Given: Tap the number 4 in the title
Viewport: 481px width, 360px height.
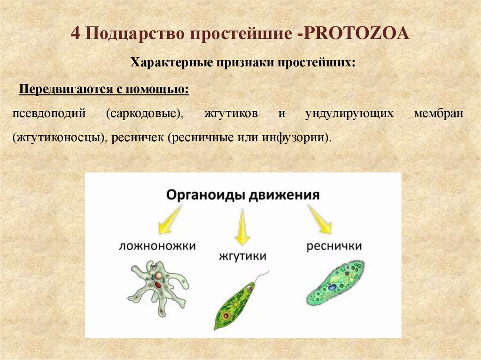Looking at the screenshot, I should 75,34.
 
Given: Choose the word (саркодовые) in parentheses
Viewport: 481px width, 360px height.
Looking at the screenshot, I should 145,114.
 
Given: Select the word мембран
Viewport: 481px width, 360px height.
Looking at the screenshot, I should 439,114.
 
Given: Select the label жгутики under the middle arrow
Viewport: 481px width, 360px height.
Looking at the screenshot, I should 242,256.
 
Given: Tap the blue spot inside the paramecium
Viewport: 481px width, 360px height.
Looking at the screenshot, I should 333,286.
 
